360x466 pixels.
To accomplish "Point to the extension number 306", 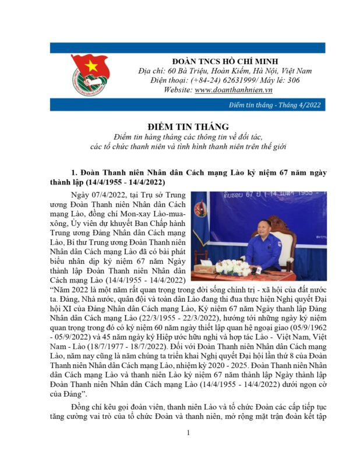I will coord(294,80).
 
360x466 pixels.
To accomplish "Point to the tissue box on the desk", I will coord(203,269).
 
